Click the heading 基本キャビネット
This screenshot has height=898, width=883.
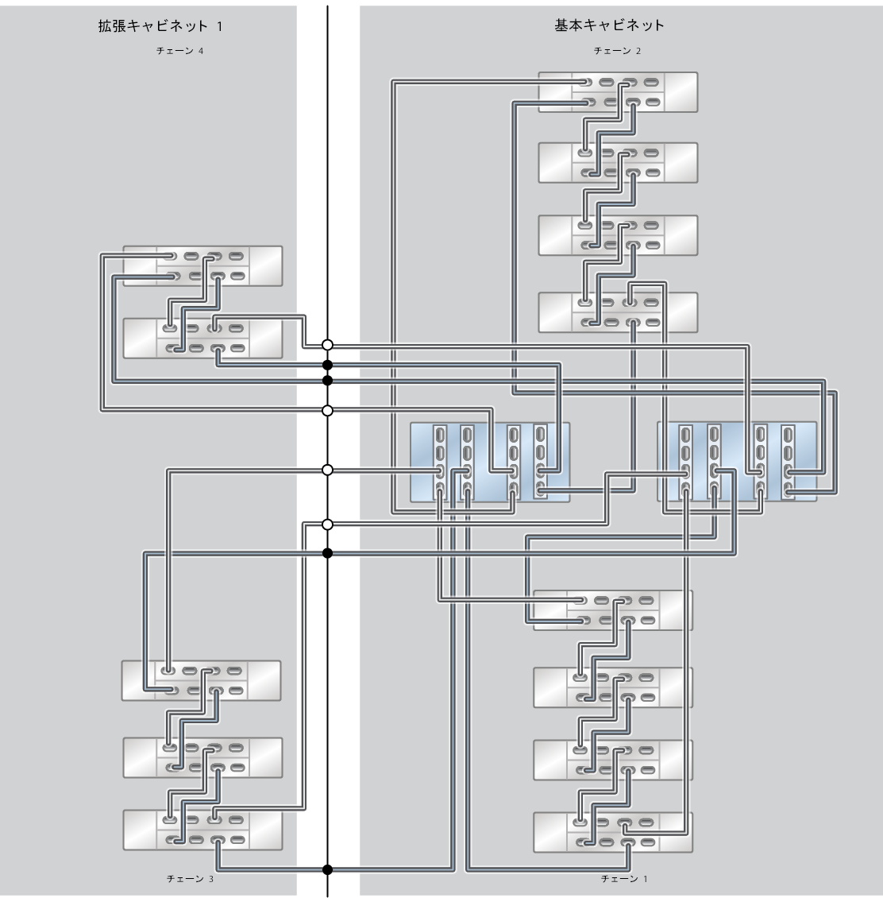point(609,25)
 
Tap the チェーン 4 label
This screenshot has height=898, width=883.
point(175,51)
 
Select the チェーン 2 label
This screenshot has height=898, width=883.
point(617,51)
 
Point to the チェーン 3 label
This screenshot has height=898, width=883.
point(189,879)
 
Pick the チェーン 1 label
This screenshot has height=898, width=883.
point(624,879)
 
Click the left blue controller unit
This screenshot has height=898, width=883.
point(489,462)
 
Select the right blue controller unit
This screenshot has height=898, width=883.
point(737,462)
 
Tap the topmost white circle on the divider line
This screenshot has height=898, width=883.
point(327,345)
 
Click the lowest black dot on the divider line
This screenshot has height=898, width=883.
point(327,869)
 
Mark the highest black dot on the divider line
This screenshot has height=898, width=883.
point(327,365)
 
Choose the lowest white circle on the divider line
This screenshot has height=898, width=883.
point(327,524)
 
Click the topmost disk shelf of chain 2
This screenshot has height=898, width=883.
point(618,91)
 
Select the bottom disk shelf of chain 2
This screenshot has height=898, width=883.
point(618,312)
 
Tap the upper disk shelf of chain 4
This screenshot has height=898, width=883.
point(202,265)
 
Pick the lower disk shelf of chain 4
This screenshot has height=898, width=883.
point(202,339)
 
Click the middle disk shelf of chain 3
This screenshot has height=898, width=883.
point(202,757)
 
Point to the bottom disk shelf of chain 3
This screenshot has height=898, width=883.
point(202,830)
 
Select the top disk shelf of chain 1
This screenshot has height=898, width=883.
point(612,610)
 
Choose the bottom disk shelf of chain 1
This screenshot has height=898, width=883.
point(612,832)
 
